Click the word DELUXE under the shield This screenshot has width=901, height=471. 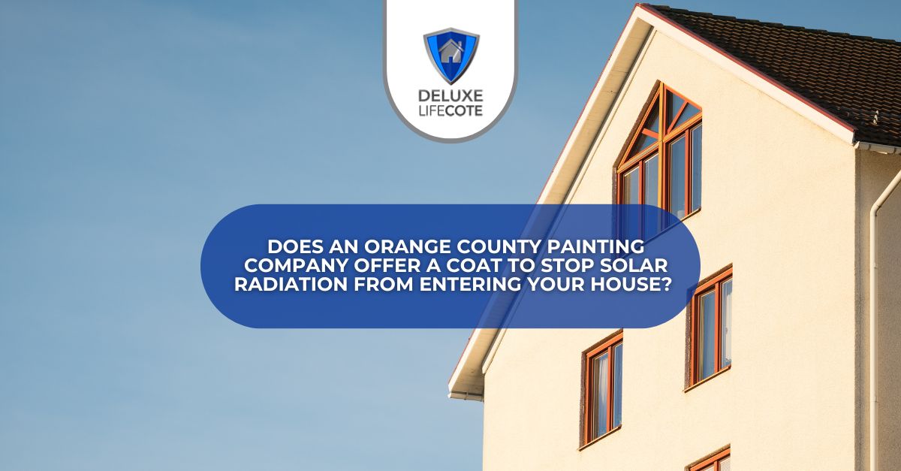tap(450, 98)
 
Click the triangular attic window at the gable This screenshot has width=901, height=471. tap(659, 120)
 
